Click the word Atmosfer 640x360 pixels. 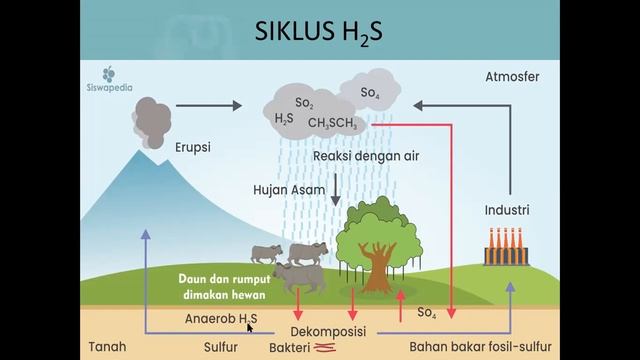click(x=513, y=76)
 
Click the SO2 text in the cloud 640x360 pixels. click(x=305, y=102)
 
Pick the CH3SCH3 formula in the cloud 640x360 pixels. click(x=334, y=123)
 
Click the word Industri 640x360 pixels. click(x=506, y=211)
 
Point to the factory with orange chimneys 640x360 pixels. click(x=506, y=247)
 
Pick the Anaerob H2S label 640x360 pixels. click(x=221, y=318)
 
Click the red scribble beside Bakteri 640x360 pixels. click(x=324, y=348)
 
